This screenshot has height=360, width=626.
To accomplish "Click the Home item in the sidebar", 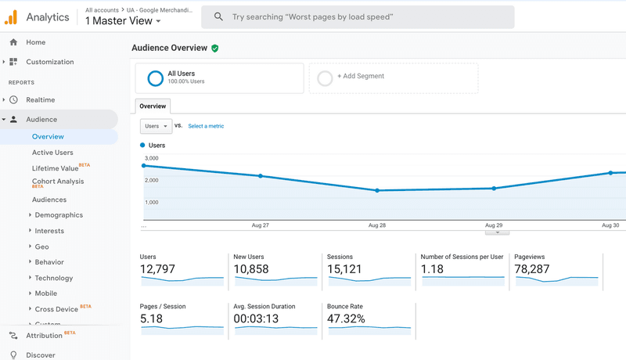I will [35, 42].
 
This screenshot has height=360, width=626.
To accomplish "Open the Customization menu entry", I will [49, 62].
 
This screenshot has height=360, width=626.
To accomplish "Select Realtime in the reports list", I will [40, 100].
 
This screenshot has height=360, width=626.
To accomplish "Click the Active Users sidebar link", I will [52, 153].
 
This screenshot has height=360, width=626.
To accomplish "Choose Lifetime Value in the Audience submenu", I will [55, 168].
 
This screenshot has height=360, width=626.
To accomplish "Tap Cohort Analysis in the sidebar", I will [57, 182].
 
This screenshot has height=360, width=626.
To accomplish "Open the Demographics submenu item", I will [59, 215].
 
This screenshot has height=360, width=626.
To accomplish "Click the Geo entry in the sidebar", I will [41, 247].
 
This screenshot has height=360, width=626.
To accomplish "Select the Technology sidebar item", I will [53, 278].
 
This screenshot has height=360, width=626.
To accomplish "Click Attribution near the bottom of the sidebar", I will [44, 335].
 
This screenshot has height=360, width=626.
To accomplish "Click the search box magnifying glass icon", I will [218, 16].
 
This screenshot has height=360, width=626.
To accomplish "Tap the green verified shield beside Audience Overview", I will [215, 48].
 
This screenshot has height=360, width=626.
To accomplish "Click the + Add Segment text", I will [360, 77].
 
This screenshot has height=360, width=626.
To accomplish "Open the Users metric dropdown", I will [156, 126].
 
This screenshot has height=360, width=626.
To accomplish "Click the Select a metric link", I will [206, 126].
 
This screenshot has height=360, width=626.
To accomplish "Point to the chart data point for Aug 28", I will [377, 190].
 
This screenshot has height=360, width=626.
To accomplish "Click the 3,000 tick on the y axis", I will [151, 159].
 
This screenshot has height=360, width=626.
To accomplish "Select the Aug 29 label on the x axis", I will [494, 225].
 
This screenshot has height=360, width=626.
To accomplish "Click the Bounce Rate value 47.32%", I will [347, 319].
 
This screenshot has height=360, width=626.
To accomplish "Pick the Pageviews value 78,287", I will [531, 269].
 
